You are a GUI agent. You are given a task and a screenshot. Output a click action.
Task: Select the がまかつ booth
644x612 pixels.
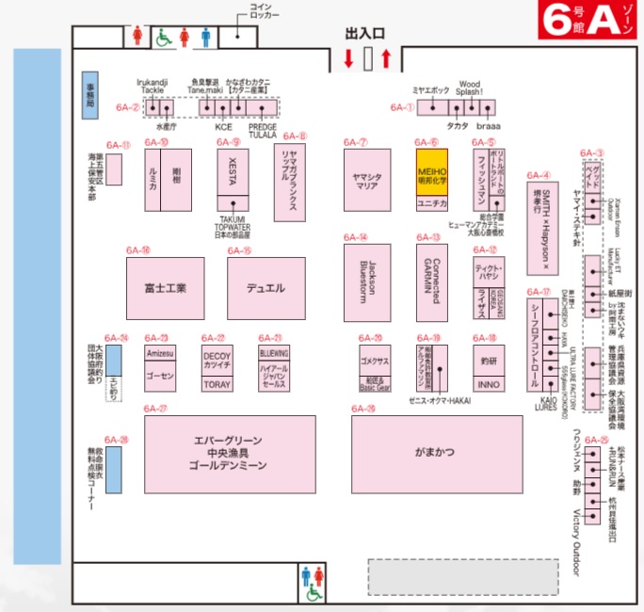pyautogui.click(x=436, y=454)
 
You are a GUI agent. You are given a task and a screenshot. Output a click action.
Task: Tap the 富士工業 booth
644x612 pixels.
pyautogui.click(x=165, y=288)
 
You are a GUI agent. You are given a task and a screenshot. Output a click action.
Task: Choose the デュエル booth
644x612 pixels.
pyautogui.click(x=266, y=288)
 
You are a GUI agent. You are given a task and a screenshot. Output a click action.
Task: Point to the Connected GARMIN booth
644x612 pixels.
pyautogui.click(x=432, y=282)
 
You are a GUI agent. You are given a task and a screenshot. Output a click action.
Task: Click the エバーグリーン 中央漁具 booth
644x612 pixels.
pyautogui.click(x=229, y=454)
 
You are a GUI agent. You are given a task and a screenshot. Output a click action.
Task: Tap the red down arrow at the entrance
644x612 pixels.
pyautogui.click(x=348, y=60)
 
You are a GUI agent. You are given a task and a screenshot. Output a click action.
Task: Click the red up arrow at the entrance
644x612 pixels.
pyautogui.click(x=386, y=60)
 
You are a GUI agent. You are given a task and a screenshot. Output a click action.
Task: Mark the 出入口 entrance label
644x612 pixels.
pyautogui.click(x=365, y=33)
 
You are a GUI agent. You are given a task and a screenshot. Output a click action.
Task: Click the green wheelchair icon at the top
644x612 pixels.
pyautogui.click(x=162, y=38)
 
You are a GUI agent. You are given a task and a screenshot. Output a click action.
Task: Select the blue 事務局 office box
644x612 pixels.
pyautogui.click(x=89, y=96)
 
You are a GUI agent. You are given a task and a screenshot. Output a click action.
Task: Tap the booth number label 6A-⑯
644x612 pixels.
pyautogui.click(x=138, y=250)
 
